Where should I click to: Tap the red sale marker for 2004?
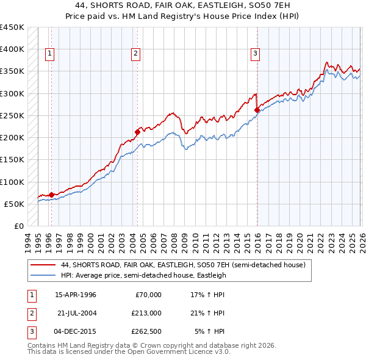tap(138, 131)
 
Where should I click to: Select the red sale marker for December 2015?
tap(257, 110)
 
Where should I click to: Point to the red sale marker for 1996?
tap(51, 195)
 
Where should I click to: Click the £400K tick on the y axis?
tap(12, 49)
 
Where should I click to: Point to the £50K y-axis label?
tap(14, 204)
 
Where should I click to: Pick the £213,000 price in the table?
tap(147, 313)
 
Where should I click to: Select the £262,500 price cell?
tap(147, 331)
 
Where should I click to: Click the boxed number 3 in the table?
tap(30, 331)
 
